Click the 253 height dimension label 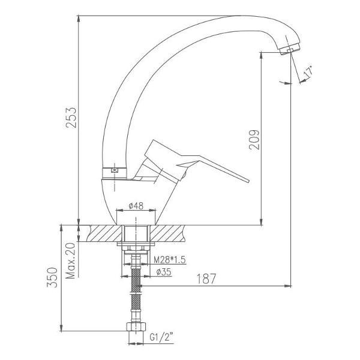tap(71, 118)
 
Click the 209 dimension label tap(254, 140)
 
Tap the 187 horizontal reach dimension tap(206, 279)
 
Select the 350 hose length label tap(52, 277)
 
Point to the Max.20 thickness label tap(70, 260)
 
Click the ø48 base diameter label tap(136, 206)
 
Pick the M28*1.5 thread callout tap(169, 260)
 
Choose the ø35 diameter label tap(164, 272)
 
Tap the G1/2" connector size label tap(161, 337)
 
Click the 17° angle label tap(308, 71)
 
